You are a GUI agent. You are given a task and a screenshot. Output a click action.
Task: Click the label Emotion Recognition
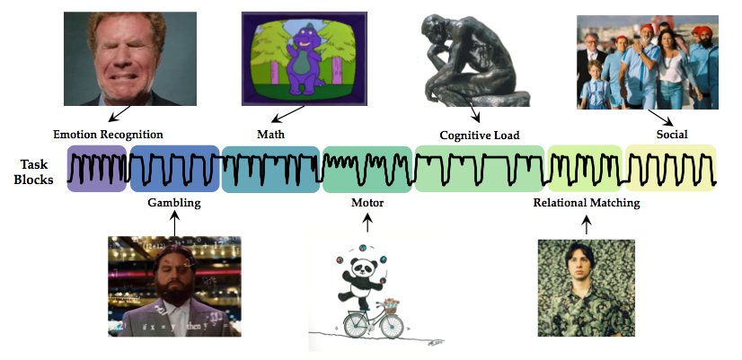[108, 135]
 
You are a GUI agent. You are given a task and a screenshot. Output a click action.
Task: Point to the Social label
[671, 135]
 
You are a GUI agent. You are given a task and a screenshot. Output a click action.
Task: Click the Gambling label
[173, 203]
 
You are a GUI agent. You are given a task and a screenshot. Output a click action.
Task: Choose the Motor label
[367, 203]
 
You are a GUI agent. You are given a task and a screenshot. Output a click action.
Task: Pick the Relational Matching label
[586, 203]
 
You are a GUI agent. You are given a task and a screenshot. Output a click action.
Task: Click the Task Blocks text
[36, 171]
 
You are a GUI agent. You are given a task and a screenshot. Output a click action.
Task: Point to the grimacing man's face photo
[119, 58]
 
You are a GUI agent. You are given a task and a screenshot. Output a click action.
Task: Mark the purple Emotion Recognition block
[97, 169]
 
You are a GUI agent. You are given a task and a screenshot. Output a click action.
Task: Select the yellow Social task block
[671, 167]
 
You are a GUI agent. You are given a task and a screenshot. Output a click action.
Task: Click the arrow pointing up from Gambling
[175, 222]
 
